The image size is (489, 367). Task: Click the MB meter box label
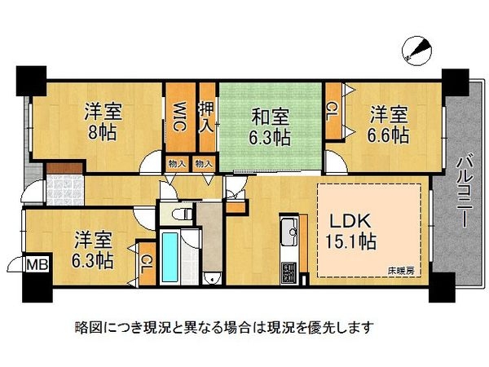point(37,264)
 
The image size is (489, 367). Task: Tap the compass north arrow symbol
point(417,51)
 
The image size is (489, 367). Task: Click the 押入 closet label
point(207,118)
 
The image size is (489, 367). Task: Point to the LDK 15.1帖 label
point(350,231)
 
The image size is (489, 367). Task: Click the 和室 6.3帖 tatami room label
point(270,127)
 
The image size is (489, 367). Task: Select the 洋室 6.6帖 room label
point(388,125)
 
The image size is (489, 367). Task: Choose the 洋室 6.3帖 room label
point(93,250)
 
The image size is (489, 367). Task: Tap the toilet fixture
point(183,214)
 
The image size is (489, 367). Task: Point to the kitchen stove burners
point(289,272)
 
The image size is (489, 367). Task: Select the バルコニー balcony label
point(465,192)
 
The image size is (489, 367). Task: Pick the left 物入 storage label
point(177,163)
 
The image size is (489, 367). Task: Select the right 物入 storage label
point(204,163)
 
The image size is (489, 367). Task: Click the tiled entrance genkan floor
point(65,190)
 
